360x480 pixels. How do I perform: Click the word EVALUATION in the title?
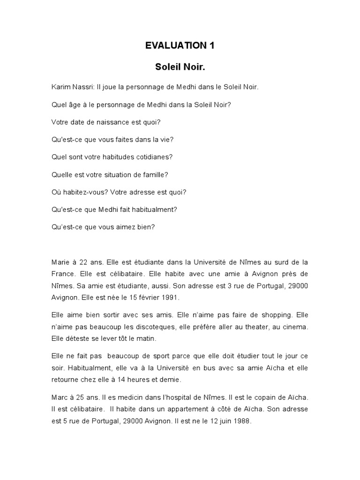(x=171, y=46)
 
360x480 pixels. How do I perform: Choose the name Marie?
(x=60, y=262)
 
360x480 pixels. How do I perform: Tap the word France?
(x=63, y=273)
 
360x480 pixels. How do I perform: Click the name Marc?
(x=60, y=397)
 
